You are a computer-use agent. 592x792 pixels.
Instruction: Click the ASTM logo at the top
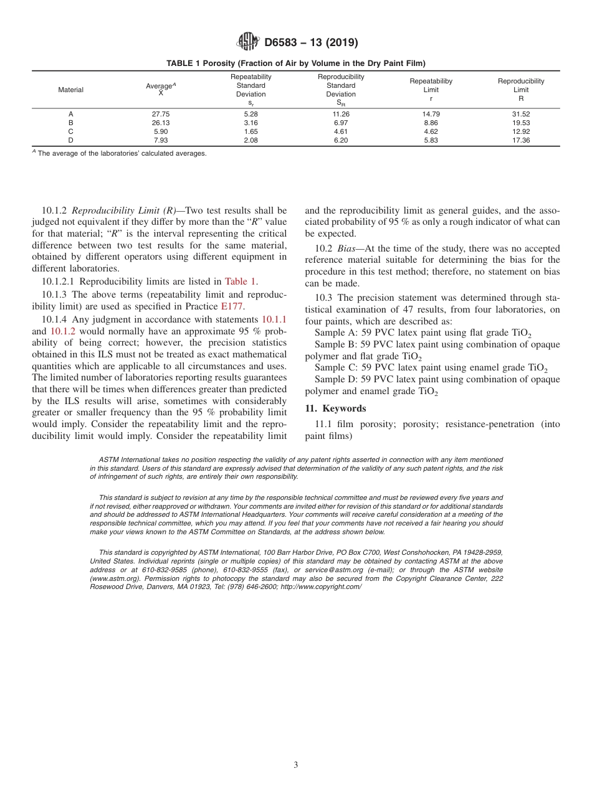pos(248,42)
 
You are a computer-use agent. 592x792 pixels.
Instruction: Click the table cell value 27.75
pos(161,115)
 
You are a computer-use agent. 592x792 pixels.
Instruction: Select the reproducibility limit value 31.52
pos(520,115)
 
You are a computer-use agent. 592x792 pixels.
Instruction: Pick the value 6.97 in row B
pos(341,123)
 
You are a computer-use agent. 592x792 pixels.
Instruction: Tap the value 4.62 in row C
pos(431,132)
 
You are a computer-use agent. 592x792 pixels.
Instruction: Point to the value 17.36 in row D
pos(520,141)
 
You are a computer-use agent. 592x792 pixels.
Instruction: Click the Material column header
pos(70,90)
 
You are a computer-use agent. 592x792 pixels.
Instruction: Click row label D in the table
pos(70,141)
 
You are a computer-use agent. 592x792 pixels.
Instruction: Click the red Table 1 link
pos(241,281)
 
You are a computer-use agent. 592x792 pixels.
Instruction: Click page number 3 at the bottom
pos(296,765)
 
